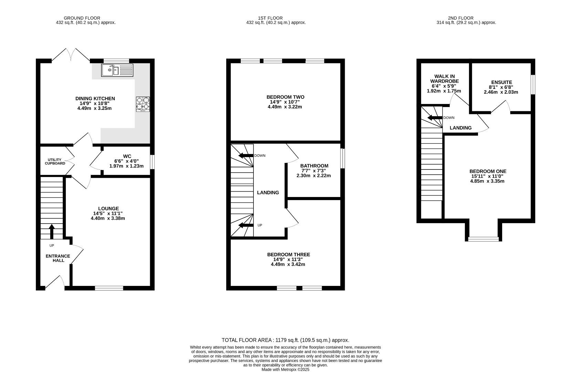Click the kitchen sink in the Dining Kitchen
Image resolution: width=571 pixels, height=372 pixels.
tap(117, 70)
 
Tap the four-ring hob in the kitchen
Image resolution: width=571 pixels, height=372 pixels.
tap(143, 104)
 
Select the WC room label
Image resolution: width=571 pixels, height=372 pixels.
tap(127, 156)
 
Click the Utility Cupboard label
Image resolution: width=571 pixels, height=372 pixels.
tap(55, 162)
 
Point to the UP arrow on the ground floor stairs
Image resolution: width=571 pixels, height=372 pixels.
tap(52, 231)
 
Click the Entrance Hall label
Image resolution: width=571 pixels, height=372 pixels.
tap(58, 258)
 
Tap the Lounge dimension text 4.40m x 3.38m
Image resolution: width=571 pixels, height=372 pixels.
tap(108, 218)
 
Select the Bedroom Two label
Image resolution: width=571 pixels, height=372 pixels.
tap(285, 97)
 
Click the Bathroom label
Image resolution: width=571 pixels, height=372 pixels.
tap(314, 166)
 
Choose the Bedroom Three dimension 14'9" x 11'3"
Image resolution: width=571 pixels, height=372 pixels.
tap(288, 259)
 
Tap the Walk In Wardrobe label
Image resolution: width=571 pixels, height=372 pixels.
tap(445, 79)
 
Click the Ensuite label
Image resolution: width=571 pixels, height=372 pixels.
tap(502, 82)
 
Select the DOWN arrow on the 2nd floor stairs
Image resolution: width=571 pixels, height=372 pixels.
tap(435, 117)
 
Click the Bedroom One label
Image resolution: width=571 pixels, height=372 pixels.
tap(488, 171)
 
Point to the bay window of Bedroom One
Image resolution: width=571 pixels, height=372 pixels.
tap(483, 239)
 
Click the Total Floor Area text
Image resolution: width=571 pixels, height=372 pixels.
tap(285, 340)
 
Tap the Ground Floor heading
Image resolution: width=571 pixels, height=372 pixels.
tap(82, 18)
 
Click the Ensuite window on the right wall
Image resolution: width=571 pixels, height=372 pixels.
tap(533, 84)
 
